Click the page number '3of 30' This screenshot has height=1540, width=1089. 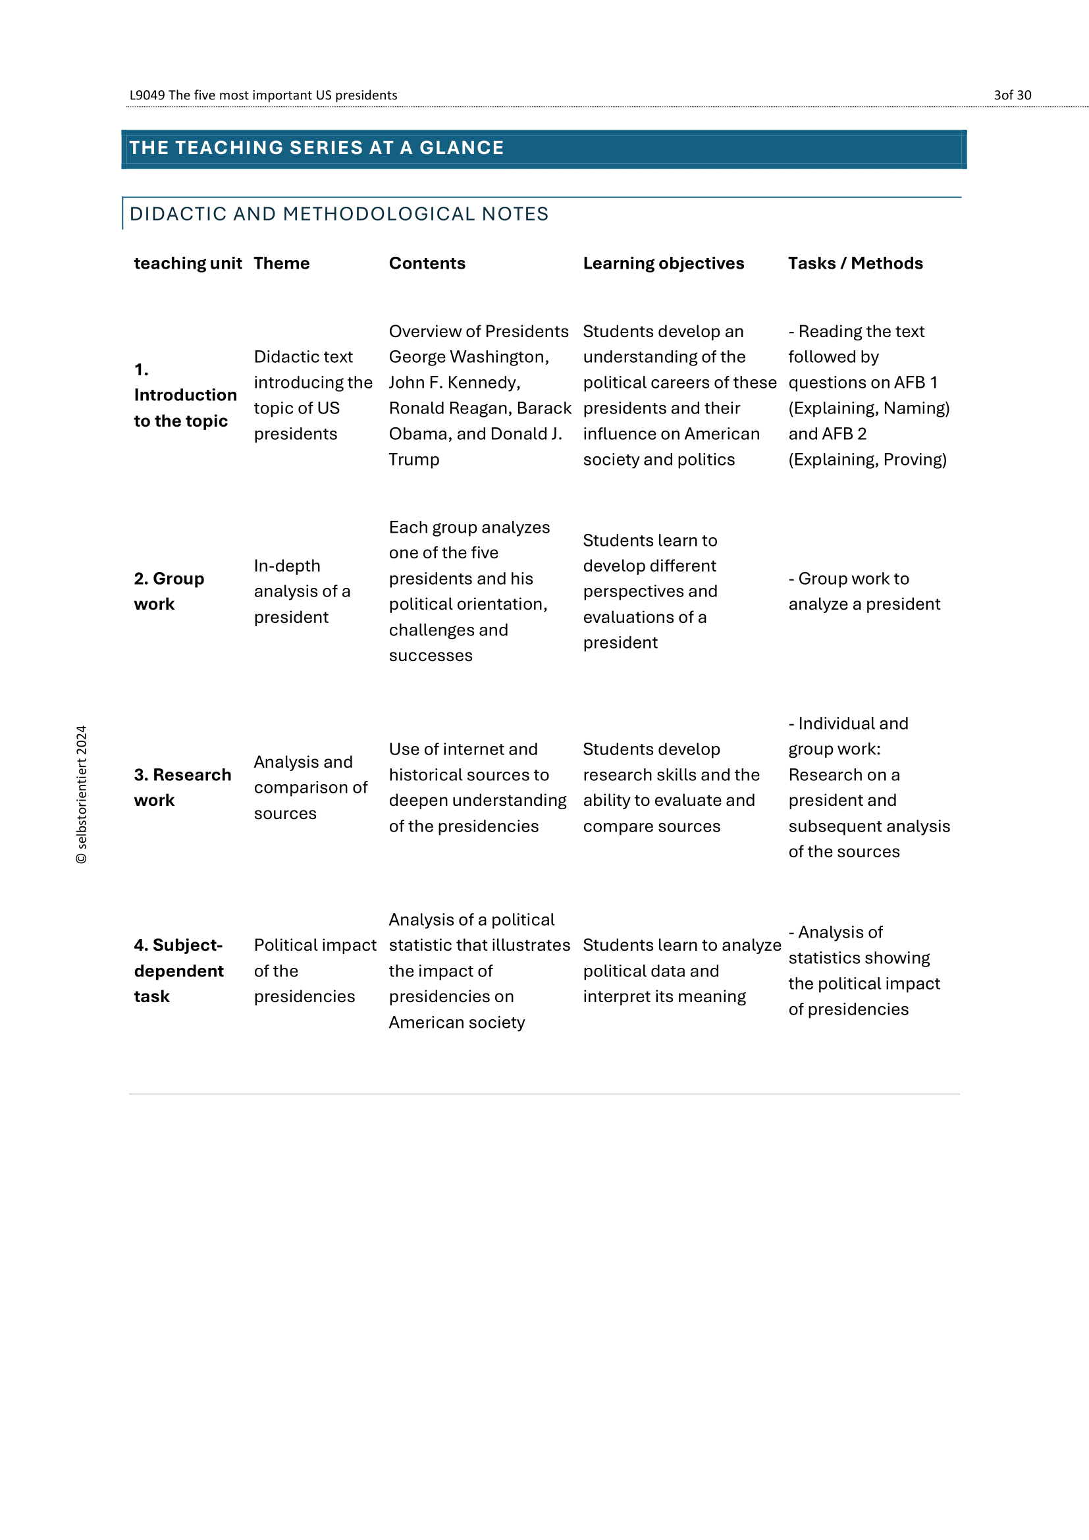click(x=1012, y=95)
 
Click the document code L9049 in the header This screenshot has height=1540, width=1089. click(x=147, y=95)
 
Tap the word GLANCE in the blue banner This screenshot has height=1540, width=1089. click(x=462, y=147)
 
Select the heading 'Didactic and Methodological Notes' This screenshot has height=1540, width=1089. click(x=338, y=214)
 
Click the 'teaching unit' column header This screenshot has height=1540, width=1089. click(x=188, y=263)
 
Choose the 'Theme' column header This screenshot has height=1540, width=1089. click(x=282, y=263)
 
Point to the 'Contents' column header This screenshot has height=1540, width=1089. click(x=427, y=263)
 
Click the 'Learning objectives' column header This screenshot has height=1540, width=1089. click(x=663, y=263)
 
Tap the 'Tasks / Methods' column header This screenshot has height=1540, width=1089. click(x=855, y=263)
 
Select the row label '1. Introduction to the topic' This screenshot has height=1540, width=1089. click(x=184, y=395)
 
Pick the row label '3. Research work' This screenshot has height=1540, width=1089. click(x=182, y=787)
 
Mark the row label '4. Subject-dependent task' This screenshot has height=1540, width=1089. click(x=178, y=970)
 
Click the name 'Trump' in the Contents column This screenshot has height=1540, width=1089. click(x=413, y=460)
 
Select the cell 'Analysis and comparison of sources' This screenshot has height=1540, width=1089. click(x=310, y=787)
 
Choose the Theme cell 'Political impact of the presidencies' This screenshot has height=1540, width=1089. click(x=315, y=970)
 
